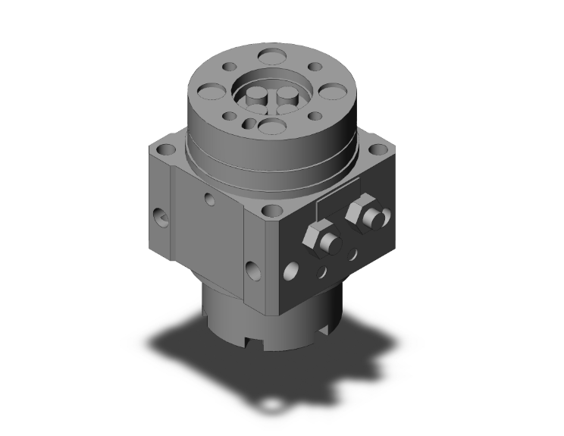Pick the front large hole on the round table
pyautogui.click(x=269, y=126)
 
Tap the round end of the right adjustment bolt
pyautogui.click(x=371, y=219)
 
